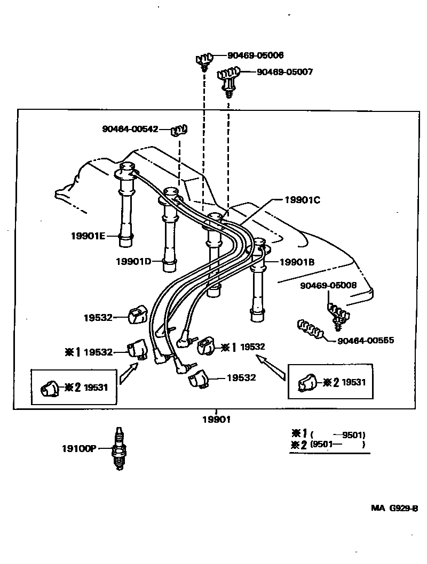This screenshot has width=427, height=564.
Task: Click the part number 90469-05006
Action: point(255,55)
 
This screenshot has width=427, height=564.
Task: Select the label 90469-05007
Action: point(284,72)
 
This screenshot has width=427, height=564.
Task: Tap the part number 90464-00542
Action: point(130,129)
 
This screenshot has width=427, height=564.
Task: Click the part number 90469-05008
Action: point(328,286)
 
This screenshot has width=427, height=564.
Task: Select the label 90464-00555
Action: point(366,340)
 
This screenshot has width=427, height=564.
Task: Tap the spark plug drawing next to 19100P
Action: point(119,449)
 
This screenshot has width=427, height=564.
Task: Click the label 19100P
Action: point(78,449)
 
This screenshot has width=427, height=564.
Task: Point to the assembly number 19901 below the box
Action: point(216,420)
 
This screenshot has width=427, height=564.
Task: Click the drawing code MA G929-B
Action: point(394,509)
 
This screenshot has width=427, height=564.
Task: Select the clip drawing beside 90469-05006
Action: point(204,60)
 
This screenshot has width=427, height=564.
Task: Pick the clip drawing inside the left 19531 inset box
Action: point(51,388)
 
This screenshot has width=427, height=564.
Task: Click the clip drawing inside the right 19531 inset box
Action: point(308,382)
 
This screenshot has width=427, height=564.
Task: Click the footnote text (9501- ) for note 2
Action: point(339,445)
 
